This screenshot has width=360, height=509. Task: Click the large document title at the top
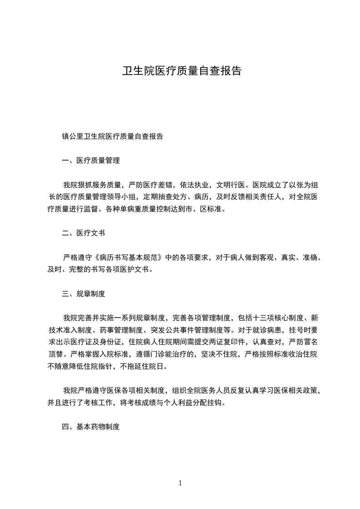click(182, 71)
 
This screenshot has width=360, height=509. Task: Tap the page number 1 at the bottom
click(180, 483)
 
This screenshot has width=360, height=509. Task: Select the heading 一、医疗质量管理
click(90, 161)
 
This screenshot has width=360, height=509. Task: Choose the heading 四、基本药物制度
click(90, 427)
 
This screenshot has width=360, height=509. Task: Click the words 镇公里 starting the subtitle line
click(73, 136)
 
